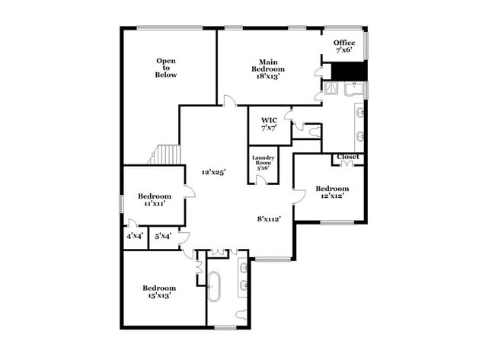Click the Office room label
click(x=344, y=47)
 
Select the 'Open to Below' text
click(x=166, y=68)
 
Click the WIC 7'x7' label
click(x=269, y=125)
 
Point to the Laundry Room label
click(x=263, y=162)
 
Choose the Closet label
click(x=347, y=157)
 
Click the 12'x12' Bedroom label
click(x=332, y=193)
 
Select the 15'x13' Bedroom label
click(x=159, y=292)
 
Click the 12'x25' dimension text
click(x=213, y=173)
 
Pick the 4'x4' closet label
click(x=134, y=237)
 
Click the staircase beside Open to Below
click(x=165, y=155)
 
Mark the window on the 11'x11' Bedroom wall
click(x=121, y=204)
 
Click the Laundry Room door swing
click(x=260, y=180)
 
